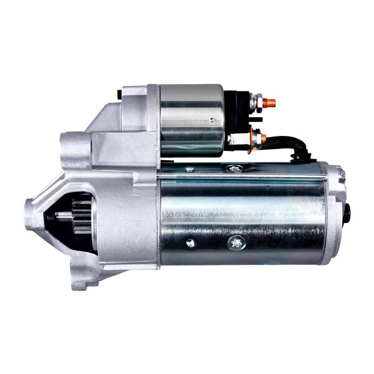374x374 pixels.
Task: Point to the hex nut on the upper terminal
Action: click(x=256, y=100)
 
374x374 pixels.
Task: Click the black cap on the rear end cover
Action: click(x=345, y=216)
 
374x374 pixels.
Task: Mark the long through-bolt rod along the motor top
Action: click(x=249, y=176)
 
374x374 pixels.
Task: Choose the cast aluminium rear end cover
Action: click(x=335, y=212)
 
